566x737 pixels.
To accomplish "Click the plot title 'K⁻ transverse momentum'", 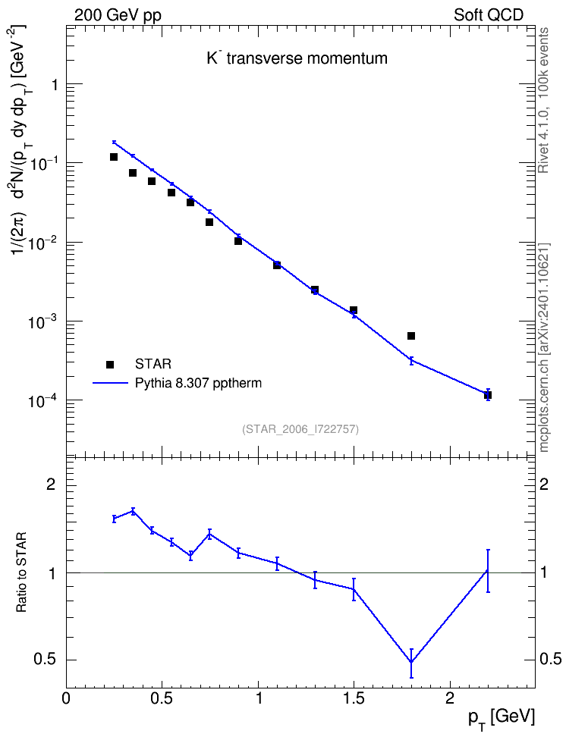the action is [297, 58].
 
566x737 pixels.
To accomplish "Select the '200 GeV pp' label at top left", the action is [118, 15].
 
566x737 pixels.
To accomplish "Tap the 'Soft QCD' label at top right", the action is [489, 15].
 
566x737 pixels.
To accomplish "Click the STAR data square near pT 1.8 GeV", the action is [411, 336].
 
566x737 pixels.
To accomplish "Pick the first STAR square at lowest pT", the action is [114, 157].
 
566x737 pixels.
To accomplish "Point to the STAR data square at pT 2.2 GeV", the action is [488, 395].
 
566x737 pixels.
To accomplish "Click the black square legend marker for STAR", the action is [110, 364].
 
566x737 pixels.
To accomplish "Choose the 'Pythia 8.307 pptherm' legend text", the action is [198, 384].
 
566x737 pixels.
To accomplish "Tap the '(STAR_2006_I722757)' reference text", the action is [300, 429].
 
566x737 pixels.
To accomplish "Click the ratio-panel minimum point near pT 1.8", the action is [411, 661].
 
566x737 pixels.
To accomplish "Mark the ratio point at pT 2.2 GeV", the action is [488, 571].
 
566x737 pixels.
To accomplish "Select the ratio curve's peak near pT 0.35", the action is [133, 511].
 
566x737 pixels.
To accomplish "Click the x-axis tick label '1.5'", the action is [354, 698].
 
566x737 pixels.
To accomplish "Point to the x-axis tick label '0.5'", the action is [162, 698].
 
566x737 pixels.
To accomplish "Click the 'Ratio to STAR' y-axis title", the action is [21, 572].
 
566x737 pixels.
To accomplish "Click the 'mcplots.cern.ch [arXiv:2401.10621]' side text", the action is [544, 348].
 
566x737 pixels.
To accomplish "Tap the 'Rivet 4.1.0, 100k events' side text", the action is [543, 100].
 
